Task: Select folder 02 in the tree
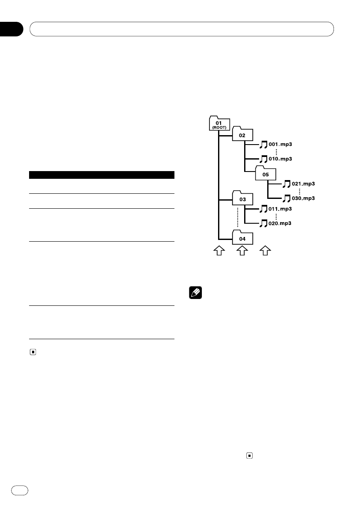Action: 242,134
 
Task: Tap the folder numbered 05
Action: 266,174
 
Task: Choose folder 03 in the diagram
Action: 242,199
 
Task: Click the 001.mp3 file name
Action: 280,144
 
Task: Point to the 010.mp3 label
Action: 280,159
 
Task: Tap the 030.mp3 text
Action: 304,198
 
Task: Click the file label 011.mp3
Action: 280,209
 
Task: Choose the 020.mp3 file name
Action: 280,223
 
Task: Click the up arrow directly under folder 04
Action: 242,251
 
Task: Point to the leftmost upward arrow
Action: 219,251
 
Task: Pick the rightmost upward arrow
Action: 266,251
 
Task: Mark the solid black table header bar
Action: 102,175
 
